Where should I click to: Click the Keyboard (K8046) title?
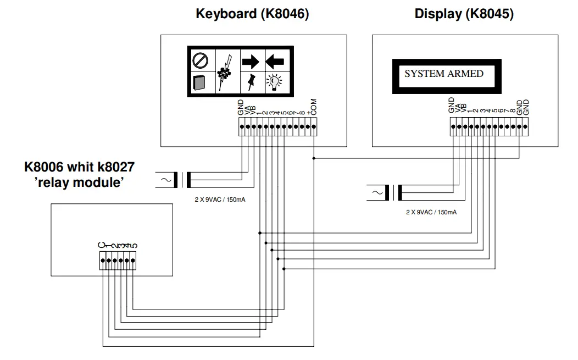pyautogui.click(x=252, y=14)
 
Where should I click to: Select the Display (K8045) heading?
pyautogui.click(x=464, y=14)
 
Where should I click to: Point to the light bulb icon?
pyautogui.click(x=274, y=82)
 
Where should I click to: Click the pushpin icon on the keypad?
pyautogui.click(x=251, y=82)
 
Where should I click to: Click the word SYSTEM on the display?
pyautogui.click(x=425, y=74)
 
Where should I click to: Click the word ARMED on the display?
pyautogui.click(x=465, y=74)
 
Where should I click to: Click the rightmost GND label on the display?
pyautogui.click(x=526, y=107)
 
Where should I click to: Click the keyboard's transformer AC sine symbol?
pyautogui.click(x=165, y=180)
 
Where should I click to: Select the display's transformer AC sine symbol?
pyautogui.click(x=376, y=193)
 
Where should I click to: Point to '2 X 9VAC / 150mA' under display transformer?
pyautogui.click(x=431, y=212)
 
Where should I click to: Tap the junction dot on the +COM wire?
pyautogui.click(x=314, y=158)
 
